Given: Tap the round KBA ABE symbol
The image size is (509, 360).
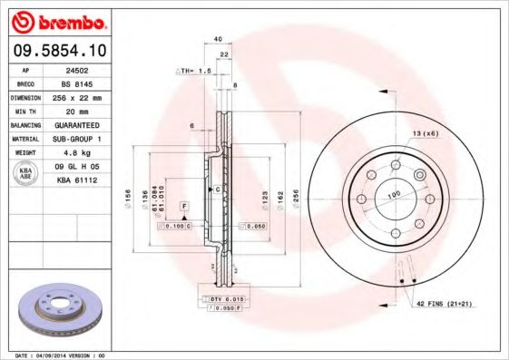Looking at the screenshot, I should pyautogui.click(x=25, y=174).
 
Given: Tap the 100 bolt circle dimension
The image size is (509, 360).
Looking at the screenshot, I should pyautogui.click(x=394, y=195).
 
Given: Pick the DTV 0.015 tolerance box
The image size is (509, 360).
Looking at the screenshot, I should pyautogui.click(x=221, y=299).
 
